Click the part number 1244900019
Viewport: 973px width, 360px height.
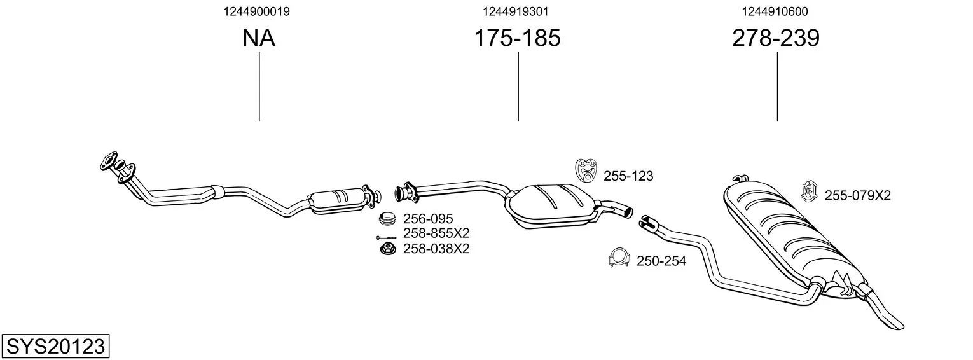[x=259, y=11]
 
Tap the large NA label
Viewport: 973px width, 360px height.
[x=259, y=38]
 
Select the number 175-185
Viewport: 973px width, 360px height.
[x=518, y=38]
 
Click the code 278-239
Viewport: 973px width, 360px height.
[x=776, y=38]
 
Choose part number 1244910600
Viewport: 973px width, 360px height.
[x=775, y=11]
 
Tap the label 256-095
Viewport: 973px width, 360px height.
[x=428, y=219]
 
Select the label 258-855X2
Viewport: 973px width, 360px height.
[x=436, y=233]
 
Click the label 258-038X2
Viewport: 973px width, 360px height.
[x=436, y=248]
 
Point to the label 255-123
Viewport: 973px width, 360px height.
[x=628, y=176]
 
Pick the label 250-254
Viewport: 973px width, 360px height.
[x=661, y=261]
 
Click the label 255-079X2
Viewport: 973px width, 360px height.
[x=858, y=195]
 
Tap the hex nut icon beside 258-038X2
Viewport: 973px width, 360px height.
[x=385, y=249]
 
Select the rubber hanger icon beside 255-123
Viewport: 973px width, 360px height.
[x=586, y=169]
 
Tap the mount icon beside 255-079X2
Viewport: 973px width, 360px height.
[x=809, y=191]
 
